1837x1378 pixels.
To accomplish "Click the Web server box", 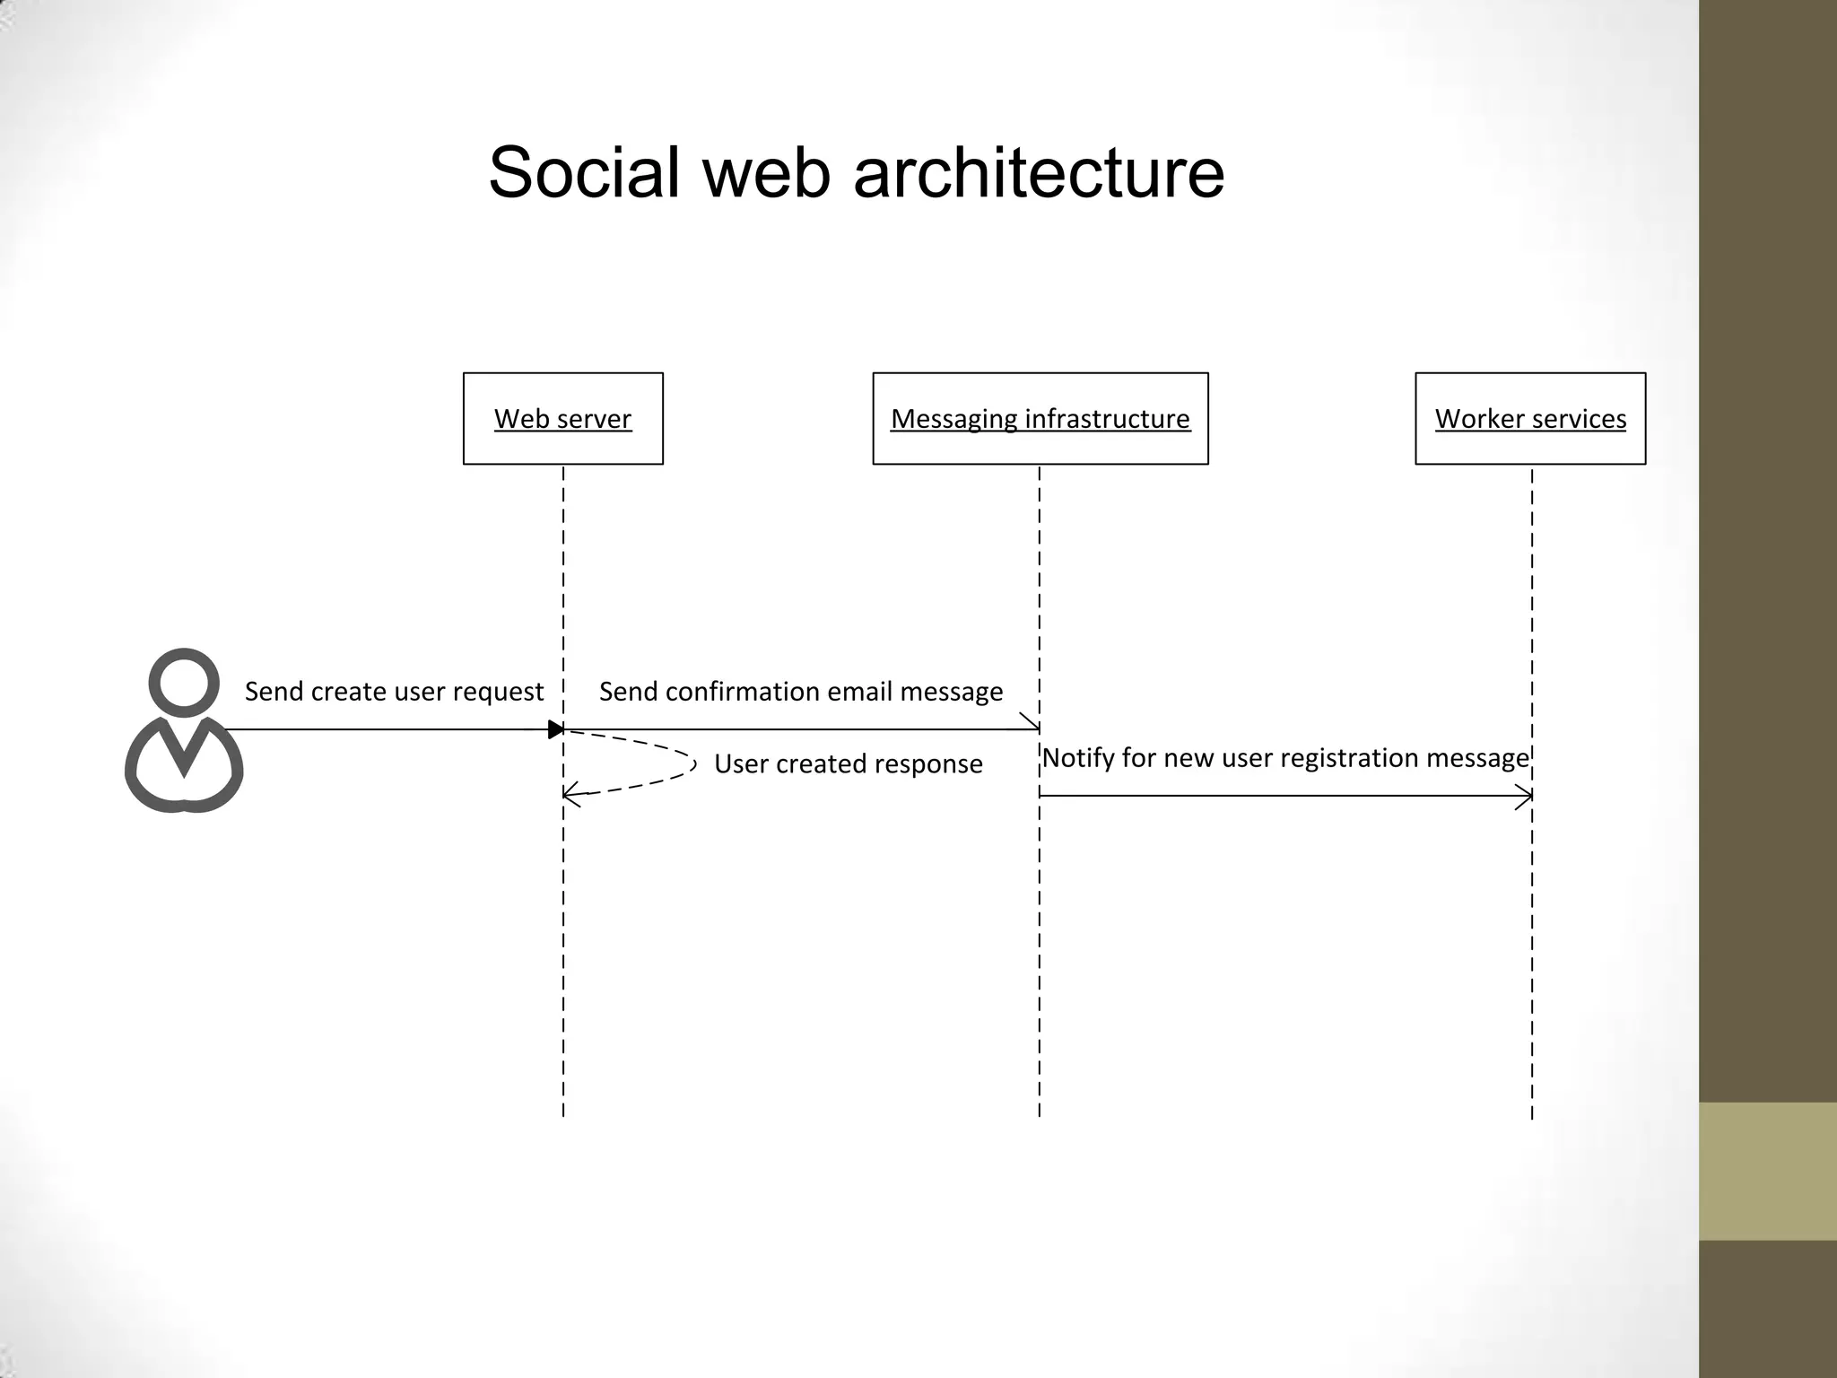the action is click(x=562, y=418).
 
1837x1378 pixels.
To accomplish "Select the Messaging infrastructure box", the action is click(x=1040, y=418).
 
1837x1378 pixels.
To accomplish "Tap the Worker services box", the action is click(x=1530, y=418).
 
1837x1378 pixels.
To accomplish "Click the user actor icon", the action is click(x=184, y=731).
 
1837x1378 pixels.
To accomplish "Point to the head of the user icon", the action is click(x=184, y=683).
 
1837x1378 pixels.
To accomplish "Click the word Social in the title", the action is click(x=584, y=172).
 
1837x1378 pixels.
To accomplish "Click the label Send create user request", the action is click(x=394, y=692).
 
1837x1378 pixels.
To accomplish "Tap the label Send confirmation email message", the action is click(x=801, y=692).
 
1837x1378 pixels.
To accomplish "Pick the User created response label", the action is click(x=848, y=763).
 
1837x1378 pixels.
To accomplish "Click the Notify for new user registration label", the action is click(x=1284, y=758).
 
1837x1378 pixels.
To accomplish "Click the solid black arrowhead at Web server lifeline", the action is click(x=556, y=729).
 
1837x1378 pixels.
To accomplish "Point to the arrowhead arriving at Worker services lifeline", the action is click(x=1524, y=796).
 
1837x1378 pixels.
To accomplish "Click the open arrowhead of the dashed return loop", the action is click(x=571, y=795).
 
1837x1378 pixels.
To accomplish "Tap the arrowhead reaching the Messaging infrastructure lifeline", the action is click(x=1032, y=723).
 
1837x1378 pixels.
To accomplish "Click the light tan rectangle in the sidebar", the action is click(x=1767, y=1171).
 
